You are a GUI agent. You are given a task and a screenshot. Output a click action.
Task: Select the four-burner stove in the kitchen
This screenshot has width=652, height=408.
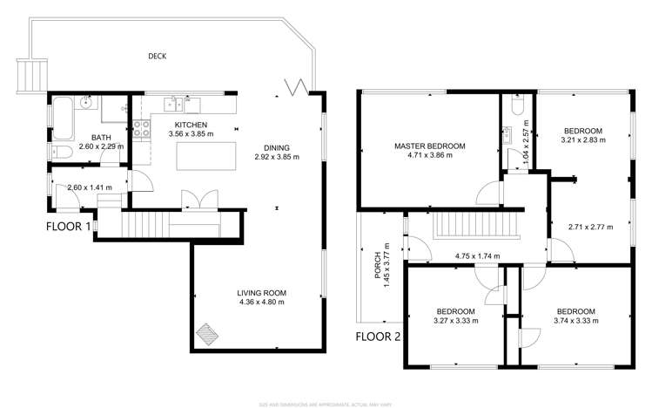click(x=139, y=130)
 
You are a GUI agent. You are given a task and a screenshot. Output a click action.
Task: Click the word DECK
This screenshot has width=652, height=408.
click(x=157, y=57)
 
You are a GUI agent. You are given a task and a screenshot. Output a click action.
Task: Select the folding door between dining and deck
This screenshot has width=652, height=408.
click(x=296, y=86)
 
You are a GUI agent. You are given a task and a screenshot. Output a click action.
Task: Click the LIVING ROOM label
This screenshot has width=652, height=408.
click(x=261, y=292)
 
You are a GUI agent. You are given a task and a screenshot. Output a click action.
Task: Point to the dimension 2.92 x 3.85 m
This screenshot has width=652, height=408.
click(x=277, y=158)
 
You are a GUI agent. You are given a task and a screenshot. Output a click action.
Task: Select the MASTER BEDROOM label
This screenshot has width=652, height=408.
click(x=429, y=146)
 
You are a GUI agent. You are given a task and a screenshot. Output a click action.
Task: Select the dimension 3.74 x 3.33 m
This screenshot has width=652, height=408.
click(x=575, y=321)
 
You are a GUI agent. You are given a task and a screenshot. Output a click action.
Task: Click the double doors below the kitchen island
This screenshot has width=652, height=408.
click(x=192, y=200)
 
